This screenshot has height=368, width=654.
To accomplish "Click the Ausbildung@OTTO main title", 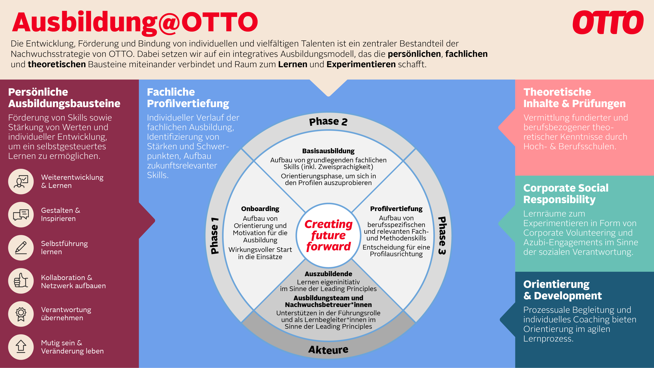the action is [x=135, y=23].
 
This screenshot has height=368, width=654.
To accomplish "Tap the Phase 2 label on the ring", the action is [x=328, y=121].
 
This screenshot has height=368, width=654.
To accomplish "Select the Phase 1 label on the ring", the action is [x=215, y=235].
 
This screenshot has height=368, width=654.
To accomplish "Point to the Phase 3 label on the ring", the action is [x=442, y=235].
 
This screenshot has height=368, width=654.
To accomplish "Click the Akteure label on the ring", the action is [x=328, y=350].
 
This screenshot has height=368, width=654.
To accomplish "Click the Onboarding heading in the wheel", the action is [x=260, y=209].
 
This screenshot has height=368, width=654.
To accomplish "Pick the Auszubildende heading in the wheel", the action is [x=328, y=274].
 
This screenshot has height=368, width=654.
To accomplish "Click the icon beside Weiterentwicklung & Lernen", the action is [x=21, y=182].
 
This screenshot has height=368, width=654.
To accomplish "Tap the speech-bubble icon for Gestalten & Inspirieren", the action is [x=21, y=215].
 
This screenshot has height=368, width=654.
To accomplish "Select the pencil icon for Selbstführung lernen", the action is [x=21, y=248].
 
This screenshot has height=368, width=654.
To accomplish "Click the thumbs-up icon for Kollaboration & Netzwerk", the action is [x=21, y=281].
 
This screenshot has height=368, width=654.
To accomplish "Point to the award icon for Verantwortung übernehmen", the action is [x=21, y=314].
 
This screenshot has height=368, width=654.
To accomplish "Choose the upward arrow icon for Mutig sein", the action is [x=21, y=347].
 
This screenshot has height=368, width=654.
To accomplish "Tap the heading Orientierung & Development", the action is [x=562, y=290].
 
